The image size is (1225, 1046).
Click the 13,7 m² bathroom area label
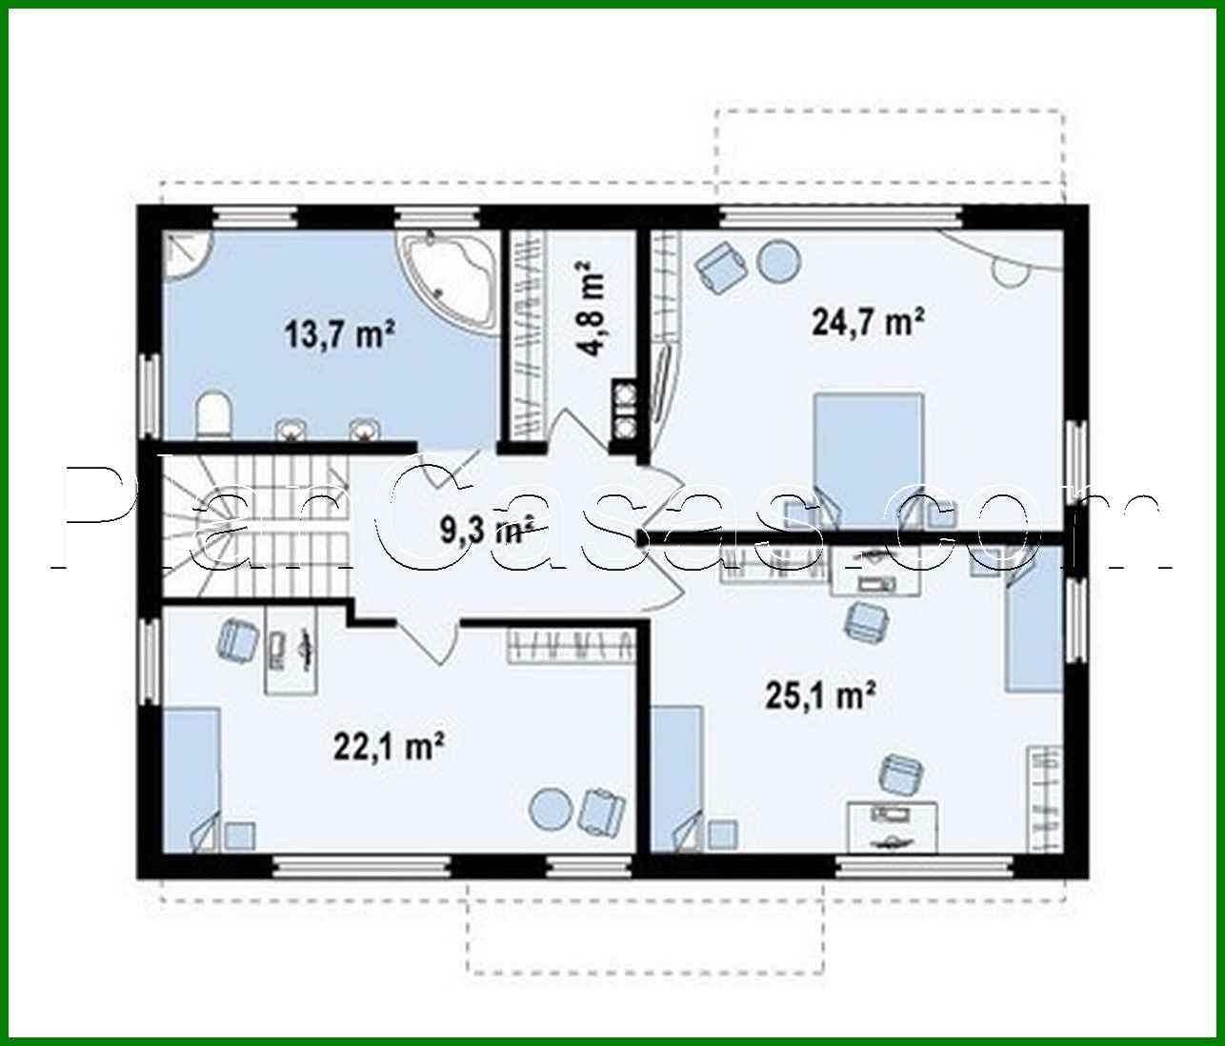point(339,334)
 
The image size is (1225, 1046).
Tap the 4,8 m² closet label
point(592,309)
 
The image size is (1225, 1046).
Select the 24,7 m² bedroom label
point(869,323)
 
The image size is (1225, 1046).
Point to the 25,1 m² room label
point(820,696)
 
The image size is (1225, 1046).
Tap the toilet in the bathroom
point(213,417)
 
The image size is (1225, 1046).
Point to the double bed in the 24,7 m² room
point(868,457)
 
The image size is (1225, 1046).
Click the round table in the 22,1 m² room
point(552,809)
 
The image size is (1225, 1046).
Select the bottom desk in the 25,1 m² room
point(893,825)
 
